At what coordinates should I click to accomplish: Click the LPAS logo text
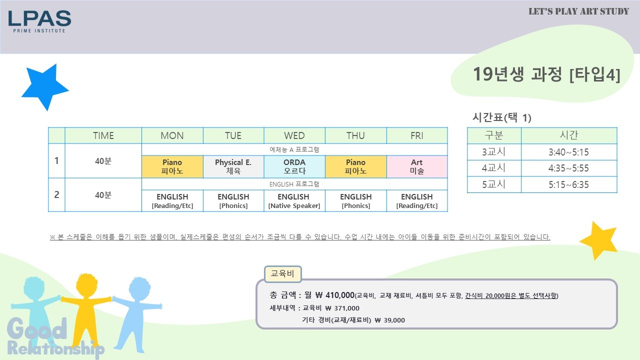coord(39,18)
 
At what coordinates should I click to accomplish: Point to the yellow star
coord(599,240)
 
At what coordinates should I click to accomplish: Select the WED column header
coord(294,135)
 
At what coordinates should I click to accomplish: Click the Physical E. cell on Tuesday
coord(233,166)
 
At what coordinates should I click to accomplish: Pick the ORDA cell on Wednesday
coord(294,166)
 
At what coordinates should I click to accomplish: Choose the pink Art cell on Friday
coord(417,166)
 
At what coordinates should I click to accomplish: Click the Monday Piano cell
coord(172,166)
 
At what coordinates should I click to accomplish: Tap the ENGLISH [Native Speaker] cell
coord(294,201)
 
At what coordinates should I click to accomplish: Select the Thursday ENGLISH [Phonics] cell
coord(355,201)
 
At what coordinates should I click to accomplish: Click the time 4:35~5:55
coord(568,168)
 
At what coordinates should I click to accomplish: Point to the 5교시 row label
coord(493,184)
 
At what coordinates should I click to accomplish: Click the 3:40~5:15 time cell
coord(568,152)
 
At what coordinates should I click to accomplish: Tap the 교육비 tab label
coord(282,273)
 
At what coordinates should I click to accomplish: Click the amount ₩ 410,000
coord(335,295)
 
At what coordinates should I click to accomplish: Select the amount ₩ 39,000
coord(389,320)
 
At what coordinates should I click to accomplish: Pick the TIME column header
coord(103,135)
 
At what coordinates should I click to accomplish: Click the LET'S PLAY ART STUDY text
coord(579,11)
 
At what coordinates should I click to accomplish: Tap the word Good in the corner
coord(37,328)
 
